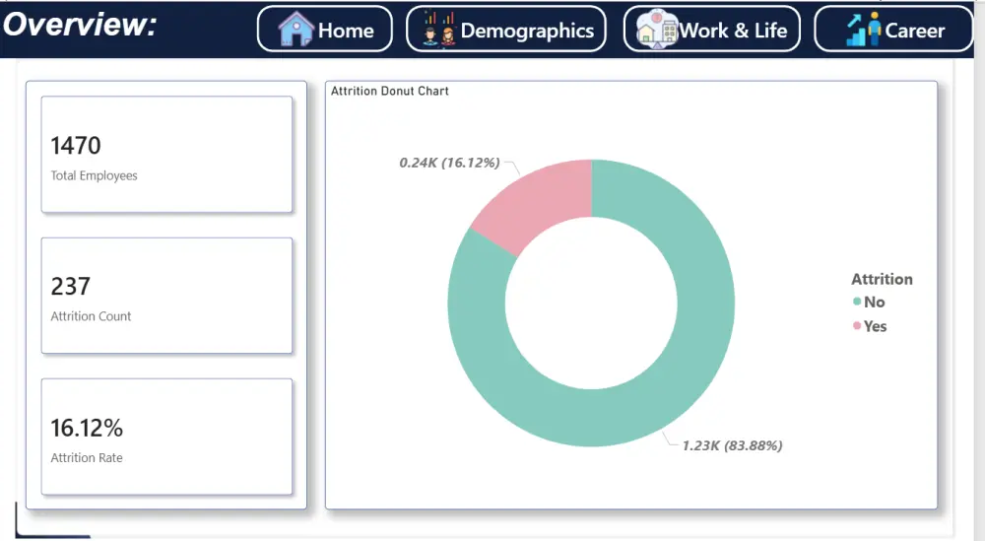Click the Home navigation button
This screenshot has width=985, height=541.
click(x=324, y=30)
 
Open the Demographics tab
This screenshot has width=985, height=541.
click(x=505, y=30)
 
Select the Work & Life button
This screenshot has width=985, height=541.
click(x=711, y=30)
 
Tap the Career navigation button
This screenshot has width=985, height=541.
click(x=892, y=30)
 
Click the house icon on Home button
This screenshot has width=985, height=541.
click(x=295, y=30)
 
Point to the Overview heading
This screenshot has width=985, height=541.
click(x=80, y=24)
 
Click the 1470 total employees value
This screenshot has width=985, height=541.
click(x=76, y=146)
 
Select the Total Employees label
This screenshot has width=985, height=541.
click(x=94, y=175)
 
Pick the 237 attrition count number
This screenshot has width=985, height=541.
click(x=70, y=287)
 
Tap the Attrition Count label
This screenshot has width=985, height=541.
click(x=91, y=316)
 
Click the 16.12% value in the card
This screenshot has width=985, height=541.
click(x=87, y=429)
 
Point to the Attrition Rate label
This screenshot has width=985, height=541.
click(x=87, y=458)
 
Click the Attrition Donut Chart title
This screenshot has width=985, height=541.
click(x=389, y=91)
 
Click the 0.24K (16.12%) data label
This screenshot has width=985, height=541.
click(x=449, y=162)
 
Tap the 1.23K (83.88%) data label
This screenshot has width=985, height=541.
click(x=732, y=445)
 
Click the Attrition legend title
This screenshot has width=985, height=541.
click(x=882, y=279)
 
